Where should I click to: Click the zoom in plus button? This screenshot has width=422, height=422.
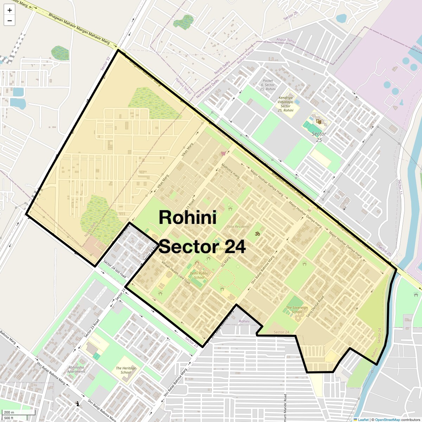pyautogui.click(x=9, y=10)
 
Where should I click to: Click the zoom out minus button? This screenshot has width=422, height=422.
pyautogui.click(x=9, y=20)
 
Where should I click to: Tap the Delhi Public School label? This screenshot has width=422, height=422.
pyautogui.click(x=199, y=275)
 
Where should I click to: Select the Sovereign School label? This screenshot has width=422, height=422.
pyautogui.click(x=296, y=310)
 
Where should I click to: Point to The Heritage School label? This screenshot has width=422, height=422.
pyautogui.click(x=126, y=370)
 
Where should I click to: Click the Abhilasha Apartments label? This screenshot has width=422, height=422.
pyautogui.click(x=76, y=369)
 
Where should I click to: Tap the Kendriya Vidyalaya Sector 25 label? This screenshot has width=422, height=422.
pyautogui.click(x=286, y=104)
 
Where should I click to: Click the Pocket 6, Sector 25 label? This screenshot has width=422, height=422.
pyautogui.click(x=268, y=85)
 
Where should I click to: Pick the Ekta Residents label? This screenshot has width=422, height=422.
pyautogui.click(x=238, y=227)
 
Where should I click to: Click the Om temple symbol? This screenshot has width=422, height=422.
pyautogui.click(x=257, y=234)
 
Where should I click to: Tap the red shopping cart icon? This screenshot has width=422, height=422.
pyautogui.click(x=223, y=153)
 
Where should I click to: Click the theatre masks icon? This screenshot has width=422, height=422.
pyautogui.click(x=319, y=122)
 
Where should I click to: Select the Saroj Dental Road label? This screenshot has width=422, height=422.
pyautogui.click(x=315, y=306)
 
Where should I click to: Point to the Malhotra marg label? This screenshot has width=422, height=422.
pyautogui.click(x=230, y=170)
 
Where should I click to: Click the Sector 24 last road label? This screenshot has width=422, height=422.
pyautogui.click(x=115, y=269)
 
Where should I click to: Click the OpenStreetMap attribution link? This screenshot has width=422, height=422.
pyautogui.click(x=388, y=420)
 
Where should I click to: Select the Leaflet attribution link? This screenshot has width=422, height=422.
pyautogui.click(x=363, y=420)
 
